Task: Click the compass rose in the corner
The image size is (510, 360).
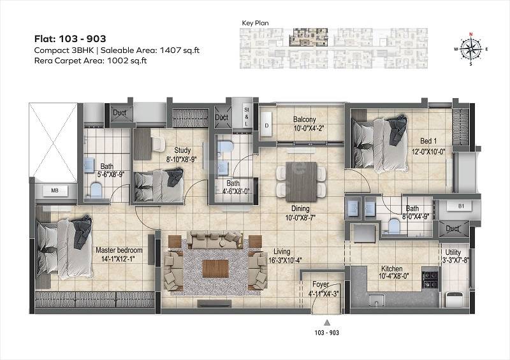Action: coord(472,48)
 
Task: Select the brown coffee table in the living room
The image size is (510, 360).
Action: coord(215,268)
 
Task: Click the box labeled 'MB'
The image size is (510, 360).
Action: coord(55,191)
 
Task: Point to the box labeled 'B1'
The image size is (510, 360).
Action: coord(460,206)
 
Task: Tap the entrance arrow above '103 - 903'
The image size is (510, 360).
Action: coord(326,322)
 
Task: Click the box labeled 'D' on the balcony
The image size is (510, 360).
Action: coord(266,125)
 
